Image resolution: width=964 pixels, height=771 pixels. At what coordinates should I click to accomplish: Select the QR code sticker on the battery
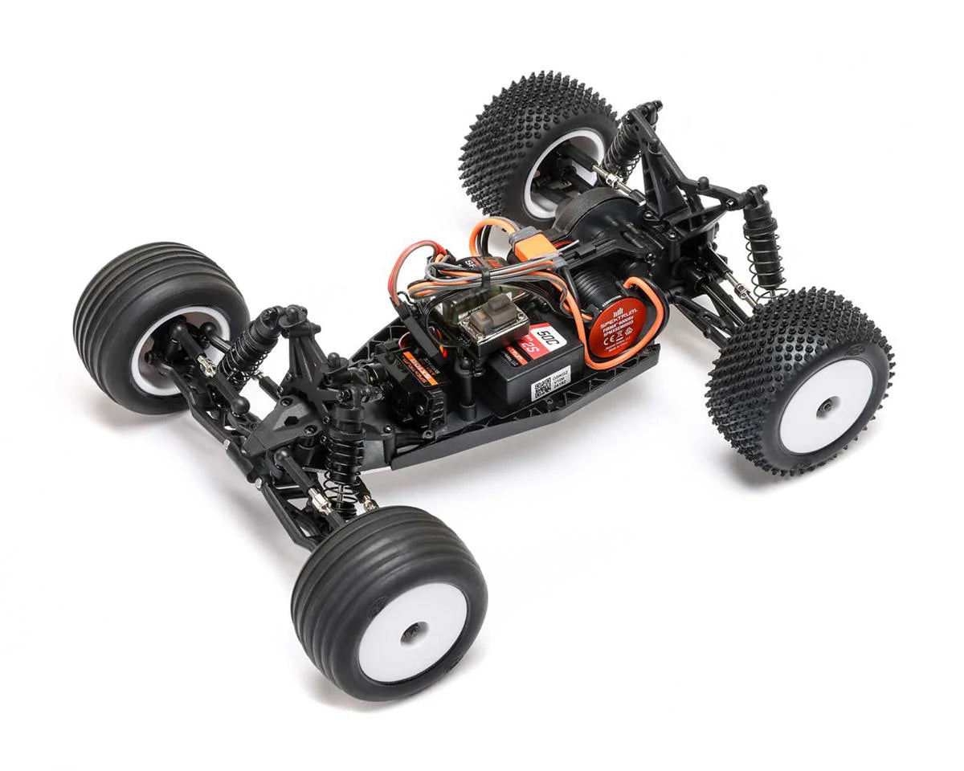(541, 387)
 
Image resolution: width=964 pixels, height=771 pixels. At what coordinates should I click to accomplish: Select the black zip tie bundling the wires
(486, 277)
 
